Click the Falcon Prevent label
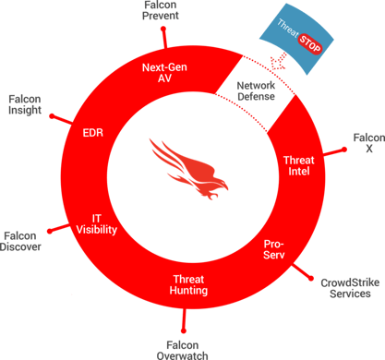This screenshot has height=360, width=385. pyautogui.click(x=162, y=10)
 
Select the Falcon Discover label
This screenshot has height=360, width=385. pyautogui.click(x=21, y=240)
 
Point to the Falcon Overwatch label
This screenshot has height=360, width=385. pyautogui.click(x=182, y=348)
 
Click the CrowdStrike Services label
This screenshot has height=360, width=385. pyautogui.click(x=345, y=285)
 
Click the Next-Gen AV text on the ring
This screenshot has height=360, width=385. pyautogui.click(x=167, y=73)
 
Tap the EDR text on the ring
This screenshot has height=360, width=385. pyautogui.click(x=92, y=132)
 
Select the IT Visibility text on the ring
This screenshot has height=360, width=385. pyautogui.click(x=97, y=222)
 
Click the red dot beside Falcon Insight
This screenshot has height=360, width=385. pyautogui.click(x=51, y=117)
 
